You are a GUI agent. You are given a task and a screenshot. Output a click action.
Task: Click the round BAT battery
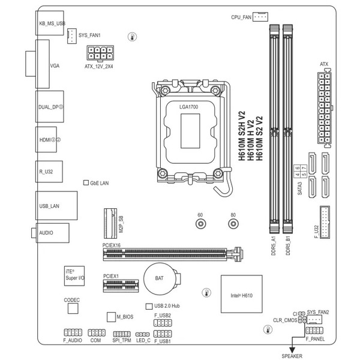point(160,278)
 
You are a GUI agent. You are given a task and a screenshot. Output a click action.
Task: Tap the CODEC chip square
point(73,308)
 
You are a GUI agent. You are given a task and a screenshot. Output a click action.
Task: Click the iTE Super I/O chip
point(75,275)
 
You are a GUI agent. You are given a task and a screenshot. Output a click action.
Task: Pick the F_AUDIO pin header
point(72,332)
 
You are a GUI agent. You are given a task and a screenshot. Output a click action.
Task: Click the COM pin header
point(96,332)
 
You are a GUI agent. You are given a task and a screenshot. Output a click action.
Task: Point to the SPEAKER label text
point(292,356)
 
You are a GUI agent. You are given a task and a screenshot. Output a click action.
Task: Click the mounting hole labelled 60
point(200,224)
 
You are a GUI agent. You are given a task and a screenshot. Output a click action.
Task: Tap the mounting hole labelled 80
point(233,224)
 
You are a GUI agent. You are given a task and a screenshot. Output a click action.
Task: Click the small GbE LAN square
point(85,181)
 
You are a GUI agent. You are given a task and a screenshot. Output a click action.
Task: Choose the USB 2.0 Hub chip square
point(149,306)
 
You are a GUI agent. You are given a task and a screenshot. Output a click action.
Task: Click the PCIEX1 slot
point(119,287)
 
